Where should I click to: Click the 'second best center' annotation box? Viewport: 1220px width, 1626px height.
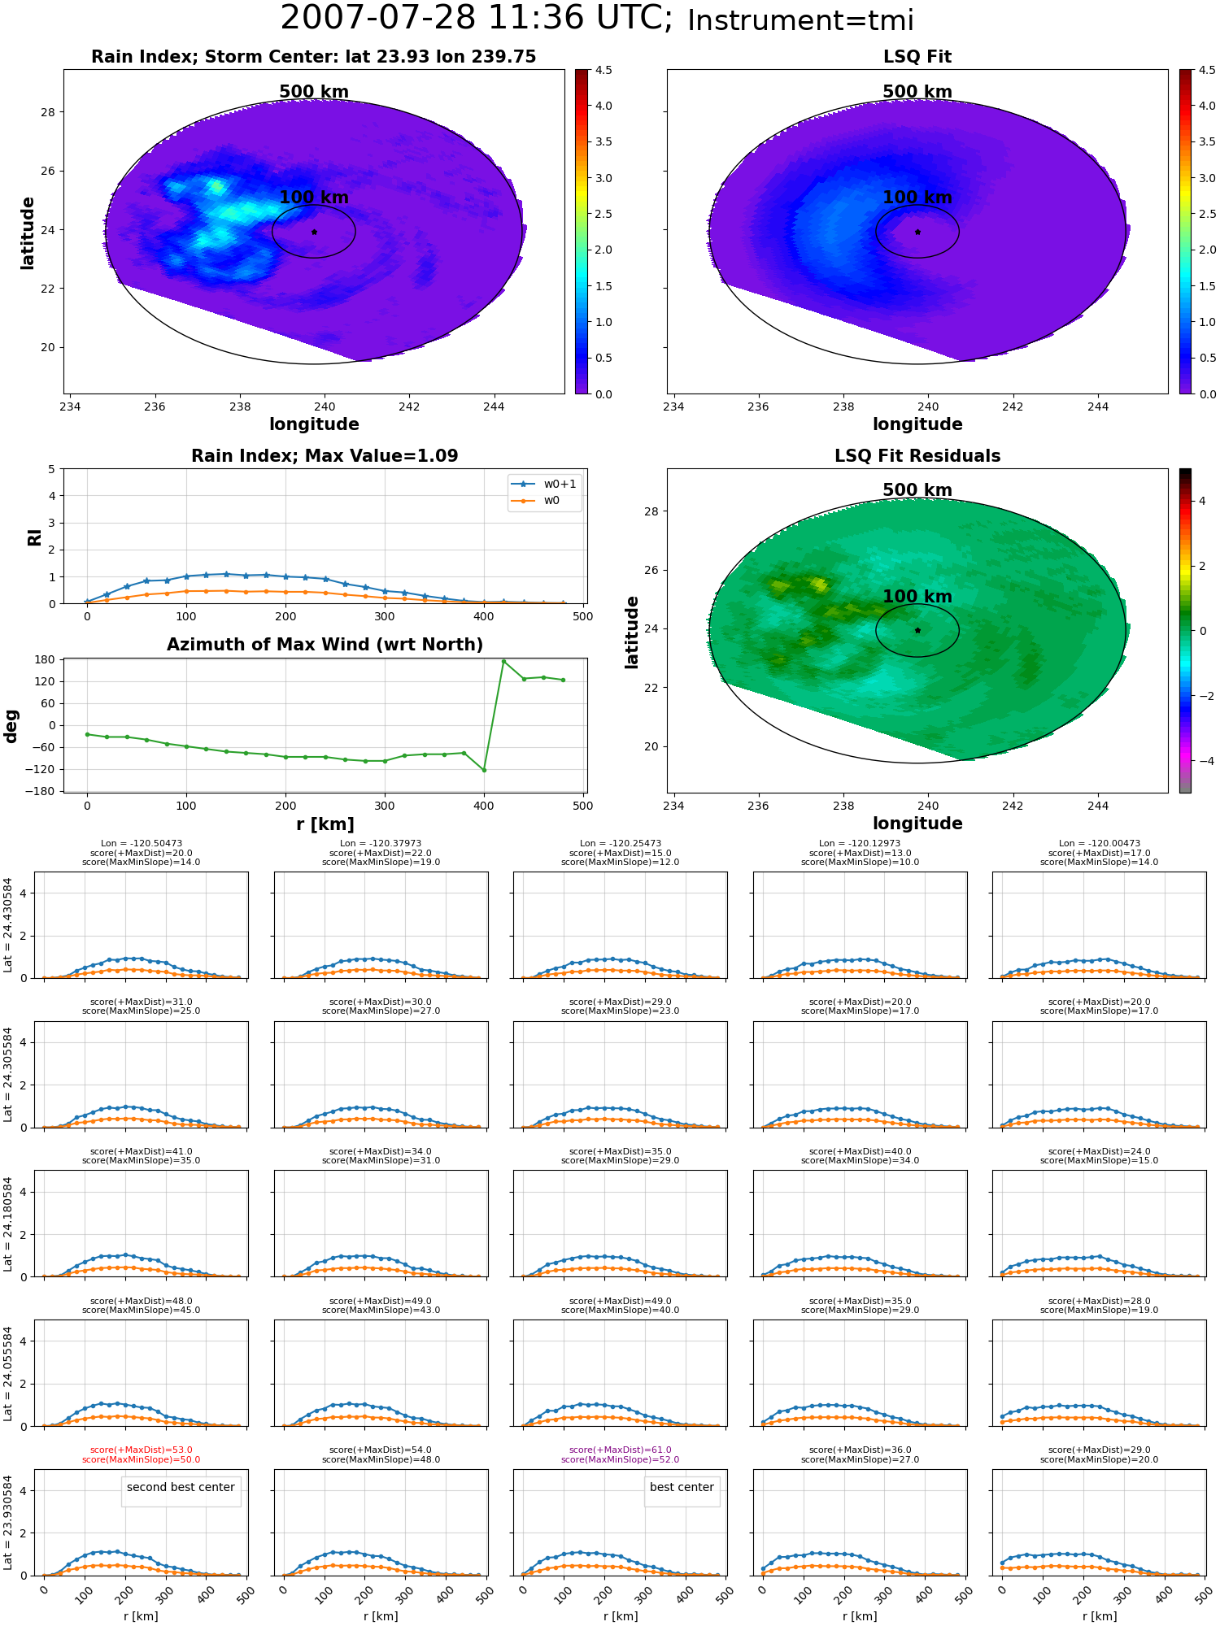(181, 1491)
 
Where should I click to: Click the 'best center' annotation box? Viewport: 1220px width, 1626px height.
(682, 1491)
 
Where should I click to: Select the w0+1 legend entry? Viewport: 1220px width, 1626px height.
(545, 484)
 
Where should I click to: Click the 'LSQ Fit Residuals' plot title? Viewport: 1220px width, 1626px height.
(917, 456)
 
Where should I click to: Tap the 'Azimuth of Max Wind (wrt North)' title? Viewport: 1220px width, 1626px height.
(325, 645)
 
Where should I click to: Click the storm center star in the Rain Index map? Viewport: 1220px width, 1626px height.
(314, 232)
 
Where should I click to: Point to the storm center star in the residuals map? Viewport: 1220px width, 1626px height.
(917, 630)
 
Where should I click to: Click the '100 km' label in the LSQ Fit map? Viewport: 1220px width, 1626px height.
(917, 198)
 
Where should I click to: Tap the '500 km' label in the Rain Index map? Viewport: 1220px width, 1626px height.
(314, 92)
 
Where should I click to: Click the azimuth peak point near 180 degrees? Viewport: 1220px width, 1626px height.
(503, 661)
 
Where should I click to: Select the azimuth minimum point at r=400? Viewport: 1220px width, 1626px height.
(484, 770)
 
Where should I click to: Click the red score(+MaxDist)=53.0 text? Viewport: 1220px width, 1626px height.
(142, 1450)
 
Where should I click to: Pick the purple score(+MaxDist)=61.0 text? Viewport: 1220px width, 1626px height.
(621, 1450)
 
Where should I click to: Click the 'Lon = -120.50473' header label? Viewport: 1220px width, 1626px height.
(142, 844)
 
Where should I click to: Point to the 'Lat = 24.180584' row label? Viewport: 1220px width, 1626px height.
(8, 1224)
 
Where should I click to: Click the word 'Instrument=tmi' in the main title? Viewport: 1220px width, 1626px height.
(800, 20)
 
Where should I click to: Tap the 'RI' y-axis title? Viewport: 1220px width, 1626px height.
(34, 537)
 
